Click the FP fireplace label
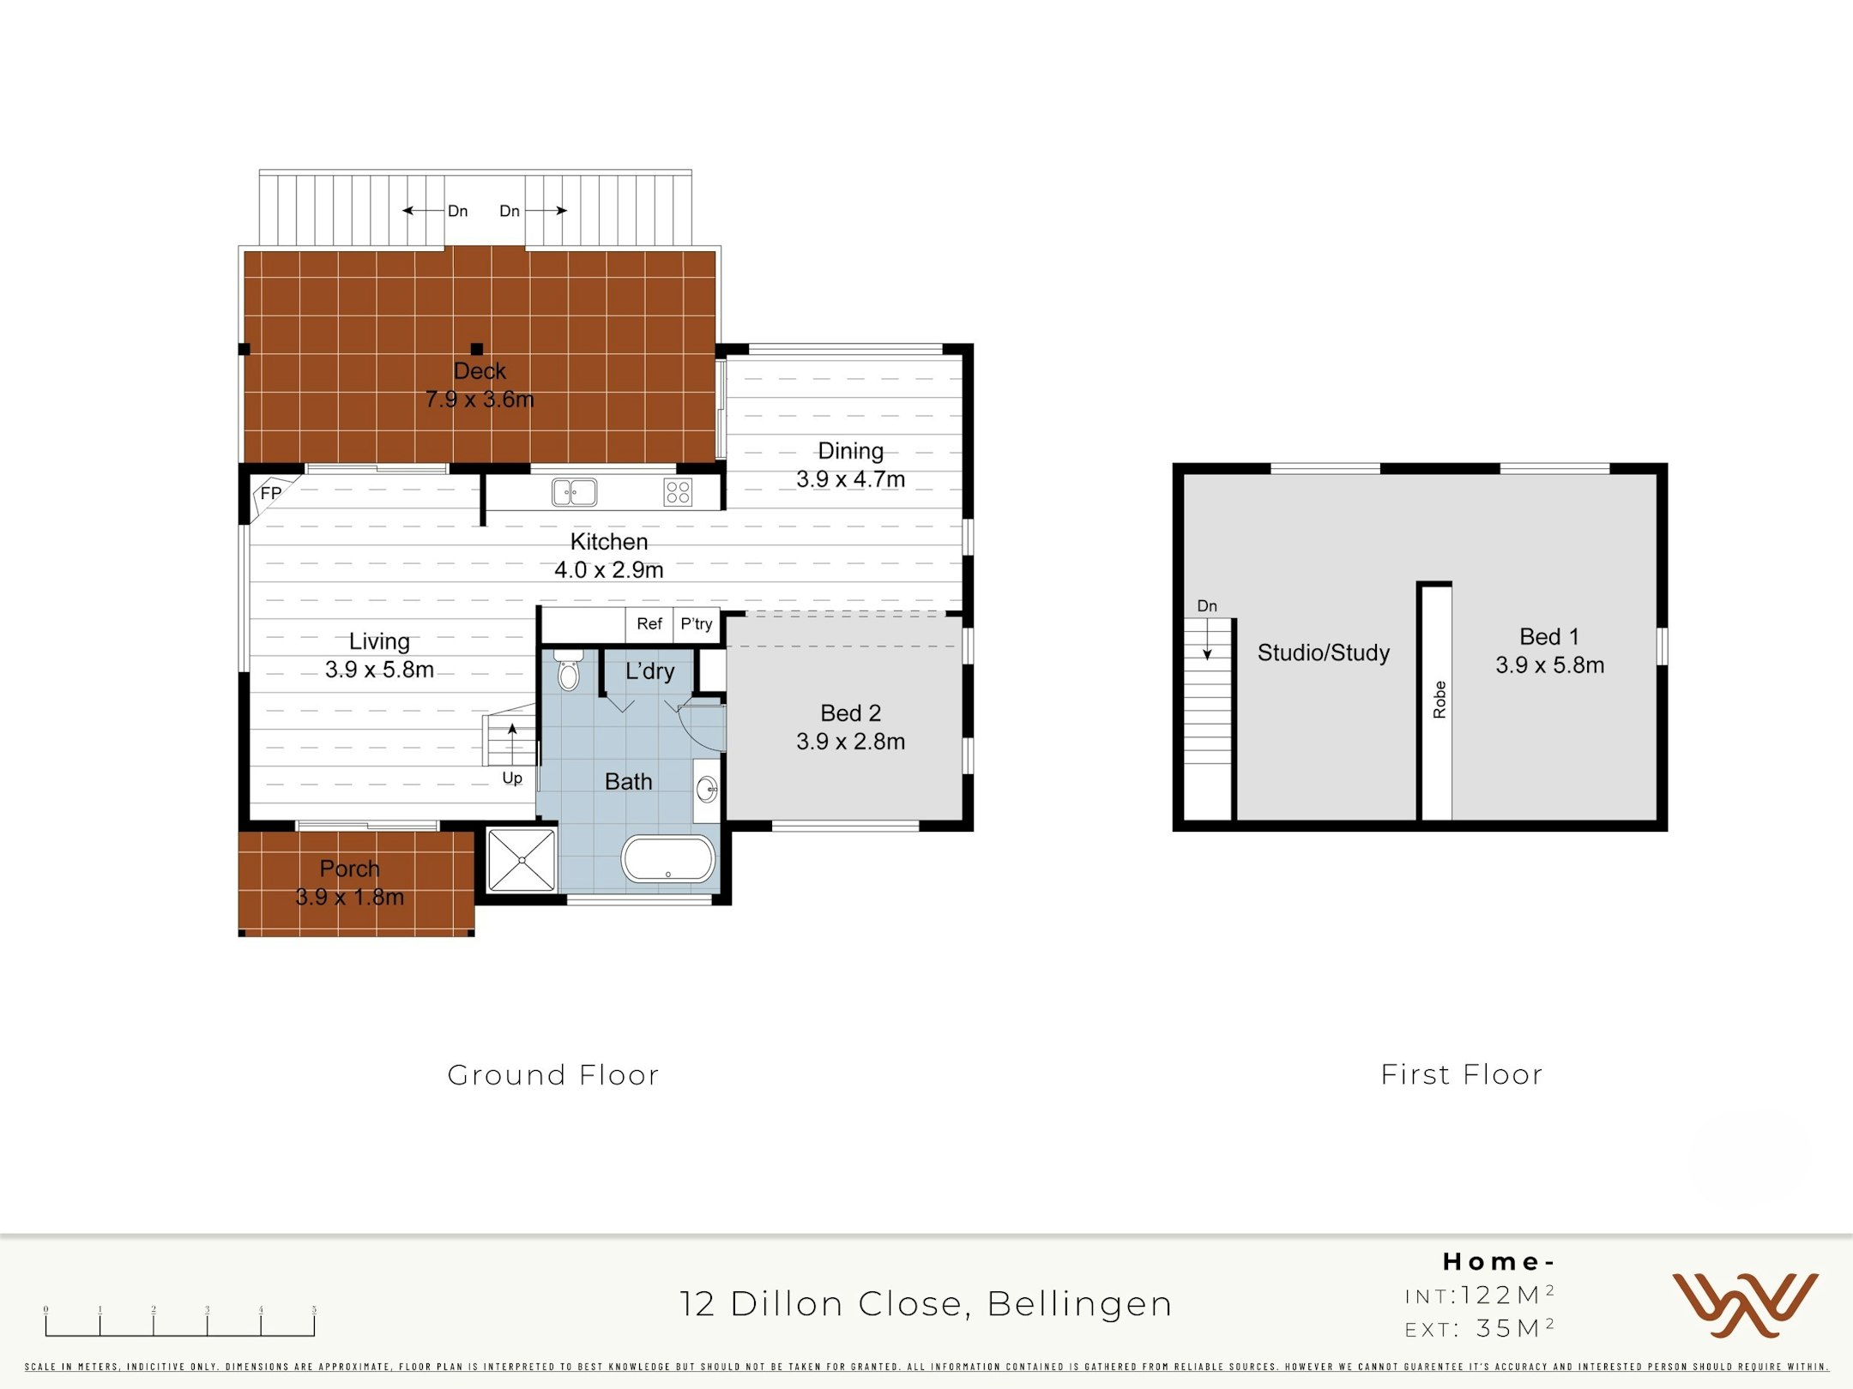point(270,493)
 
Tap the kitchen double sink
point(574,492)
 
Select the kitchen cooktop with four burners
point(678,492)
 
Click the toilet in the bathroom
point(569,671)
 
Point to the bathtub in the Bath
point(668,859)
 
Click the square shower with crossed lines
point(522,860)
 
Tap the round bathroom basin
point(707,789)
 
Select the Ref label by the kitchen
point(649,624)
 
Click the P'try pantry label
point(697,624)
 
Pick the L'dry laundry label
point(649,671)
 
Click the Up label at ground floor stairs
point(512,778)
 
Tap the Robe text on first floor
point(1440,700)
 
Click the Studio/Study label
point(1324,652)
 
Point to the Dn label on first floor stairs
point(1207,606)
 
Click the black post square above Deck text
point(477,349)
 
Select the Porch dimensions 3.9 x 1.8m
point(350,897)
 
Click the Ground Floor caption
point(553,1074)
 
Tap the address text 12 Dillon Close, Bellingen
point(926,1303)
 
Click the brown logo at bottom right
point(1745,1304)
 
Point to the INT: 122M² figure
point(1480,1295)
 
